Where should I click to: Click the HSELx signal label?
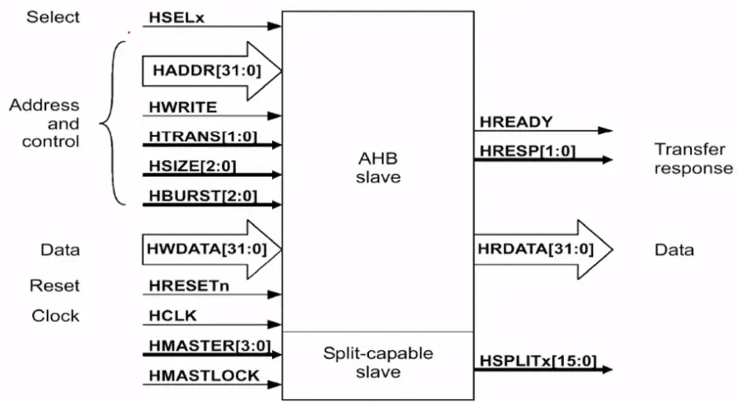[x=176, y=16]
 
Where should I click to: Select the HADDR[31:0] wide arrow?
[x=208, y=71]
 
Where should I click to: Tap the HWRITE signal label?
[x=182, y=106]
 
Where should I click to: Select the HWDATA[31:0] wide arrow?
[x=208, y=249]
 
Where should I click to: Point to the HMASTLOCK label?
[x=204, y=375]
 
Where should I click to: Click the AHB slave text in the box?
[x=378, y=167]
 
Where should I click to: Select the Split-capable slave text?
[x=378, y=363]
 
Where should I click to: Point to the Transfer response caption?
[x=693, y=158]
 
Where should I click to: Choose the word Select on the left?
[x=53, y=16]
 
